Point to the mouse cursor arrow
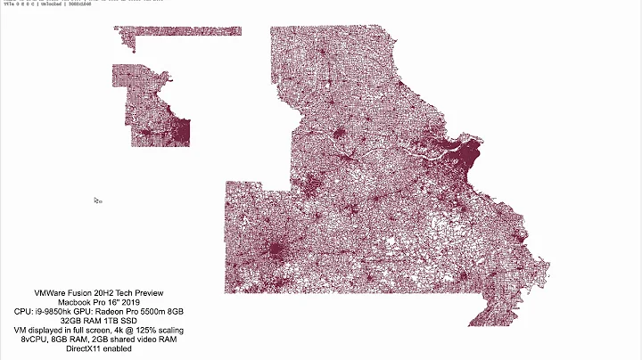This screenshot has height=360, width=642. pyautogui.click(x=96, y=200)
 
